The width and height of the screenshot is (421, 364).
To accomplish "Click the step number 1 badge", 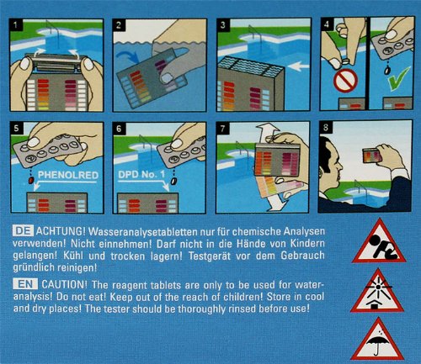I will point(13,24).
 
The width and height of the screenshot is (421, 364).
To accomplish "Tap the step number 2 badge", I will point(118,24).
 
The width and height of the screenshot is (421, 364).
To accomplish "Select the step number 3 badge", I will point(222,24).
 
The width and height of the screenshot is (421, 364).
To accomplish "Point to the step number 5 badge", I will point(13,129).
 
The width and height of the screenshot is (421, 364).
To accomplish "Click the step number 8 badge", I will point(326,129).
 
